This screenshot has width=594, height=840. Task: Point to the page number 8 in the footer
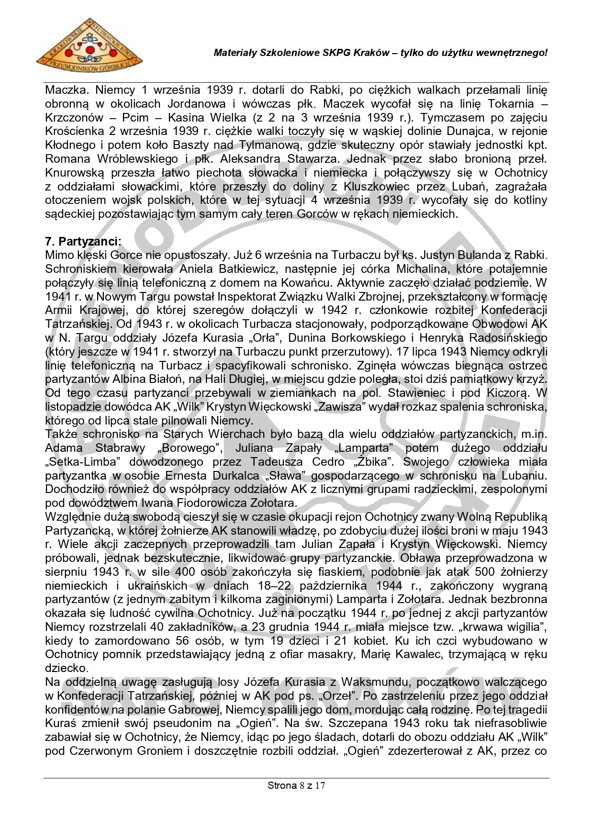(301, 785)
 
